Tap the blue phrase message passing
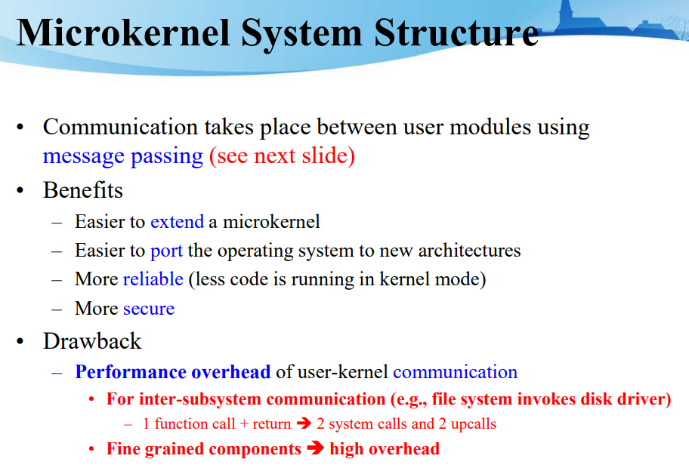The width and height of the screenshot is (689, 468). pyautogui.click(x=123, y=156)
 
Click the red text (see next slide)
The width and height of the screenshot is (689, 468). pyautogui.click(x=282, y=156)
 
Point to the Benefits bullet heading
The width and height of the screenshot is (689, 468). pyautogui.click(x=82, y=189)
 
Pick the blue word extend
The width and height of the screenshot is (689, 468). pyautogui.click(x=177, y=221)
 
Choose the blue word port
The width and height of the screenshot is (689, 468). pyautogui.click(x=166, y=250)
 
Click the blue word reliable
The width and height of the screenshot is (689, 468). pyautogui.click(x=153, y=279)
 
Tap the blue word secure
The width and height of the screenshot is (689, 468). pyautogui.click(x=149, y=309)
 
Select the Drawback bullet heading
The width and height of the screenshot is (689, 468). pyautogui.click(x=92, y=341)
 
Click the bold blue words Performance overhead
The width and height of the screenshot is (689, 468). pyautogui.click(x=172, y=372)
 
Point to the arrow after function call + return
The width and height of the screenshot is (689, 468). pyautogui.click(x=304, y=423)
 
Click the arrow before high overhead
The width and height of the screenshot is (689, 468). pyautogui.click(x=316, y=449)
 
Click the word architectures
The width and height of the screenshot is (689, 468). pyautogui.click(x=462, y=250)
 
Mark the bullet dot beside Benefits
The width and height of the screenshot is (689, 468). pyautogui.click(x=23, y=190)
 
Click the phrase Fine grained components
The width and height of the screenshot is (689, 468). pyautogui.click(x=204, y=449)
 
